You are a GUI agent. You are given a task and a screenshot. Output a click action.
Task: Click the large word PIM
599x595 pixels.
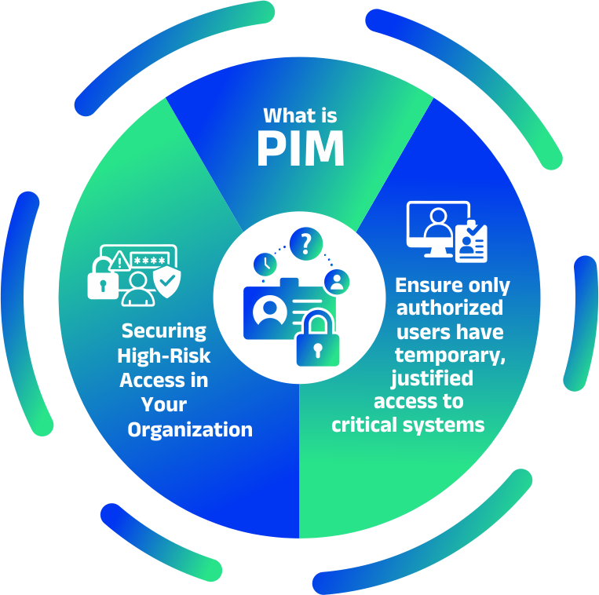[x=301, y=148]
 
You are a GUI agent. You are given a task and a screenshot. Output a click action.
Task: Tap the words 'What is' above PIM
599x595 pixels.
[x=300, y=115]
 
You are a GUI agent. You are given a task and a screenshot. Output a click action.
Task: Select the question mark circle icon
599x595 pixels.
[x=306, y=243]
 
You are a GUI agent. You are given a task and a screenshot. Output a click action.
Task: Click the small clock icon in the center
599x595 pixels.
[x=265, y=264]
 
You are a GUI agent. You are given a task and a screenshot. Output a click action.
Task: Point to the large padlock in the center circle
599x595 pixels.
[x=318, y=338]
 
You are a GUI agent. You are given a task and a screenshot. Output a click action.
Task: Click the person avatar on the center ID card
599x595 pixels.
[x=270, y=311]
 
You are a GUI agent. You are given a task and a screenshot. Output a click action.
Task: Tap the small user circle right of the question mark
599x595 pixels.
[x=337, y=282]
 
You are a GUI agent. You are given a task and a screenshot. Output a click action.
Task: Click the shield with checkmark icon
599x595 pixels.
[x=167, y=282]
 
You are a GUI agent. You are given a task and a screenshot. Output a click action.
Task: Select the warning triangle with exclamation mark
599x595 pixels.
[x=119, y=261]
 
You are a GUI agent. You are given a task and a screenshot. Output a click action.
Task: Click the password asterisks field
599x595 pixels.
[x=150, y=261]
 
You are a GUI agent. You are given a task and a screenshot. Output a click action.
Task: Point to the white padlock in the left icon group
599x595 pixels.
[x=102, y=279]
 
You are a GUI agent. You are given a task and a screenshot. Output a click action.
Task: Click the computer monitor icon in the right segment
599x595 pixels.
[x=438, y=229]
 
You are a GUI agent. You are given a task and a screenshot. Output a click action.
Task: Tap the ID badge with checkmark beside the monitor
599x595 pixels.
[x=471, y=241]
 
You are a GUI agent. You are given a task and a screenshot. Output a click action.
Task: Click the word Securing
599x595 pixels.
[x=164, y=331]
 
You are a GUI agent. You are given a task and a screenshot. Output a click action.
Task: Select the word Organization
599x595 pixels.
[x=190, y=430]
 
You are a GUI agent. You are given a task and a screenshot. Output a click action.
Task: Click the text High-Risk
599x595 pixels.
[x=164, y=356]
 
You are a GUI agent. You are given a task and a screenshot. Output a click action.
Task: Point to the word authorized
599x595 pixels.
[x=450, y=308]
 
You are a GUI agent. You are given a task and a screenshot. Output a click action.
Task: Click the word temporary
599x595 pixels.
[x=450, y=356]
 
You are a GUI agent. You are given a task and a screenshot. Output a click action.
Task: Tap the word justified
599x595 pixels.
[x=432, y=379]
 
